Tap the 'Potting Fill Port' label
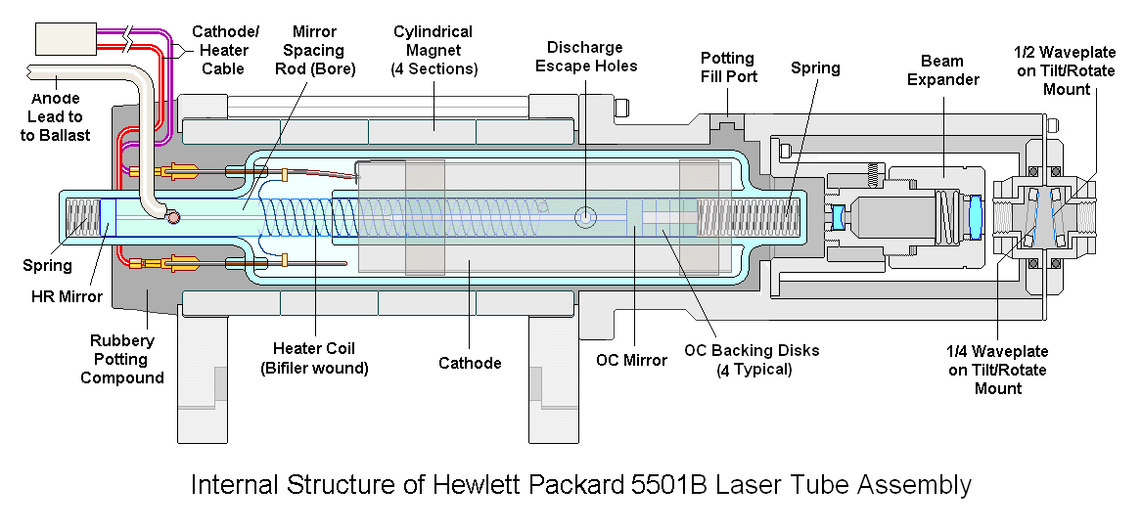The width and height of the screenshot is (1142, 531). [728, 67]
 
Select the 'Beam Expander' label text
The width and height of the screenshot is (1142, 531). [943, 70]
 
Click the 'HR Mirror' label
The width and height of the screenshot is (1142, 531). [66, 296]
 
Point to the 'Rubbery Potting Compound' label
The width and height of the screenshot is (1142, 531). [122, 359]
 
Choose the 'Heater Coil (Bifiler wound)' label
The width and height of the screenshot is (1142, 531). [314, 358]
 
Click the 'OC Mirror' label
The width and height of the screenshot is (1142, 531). [631, 360]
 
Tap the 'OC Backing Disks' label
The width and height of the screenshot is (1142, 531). [752, 359]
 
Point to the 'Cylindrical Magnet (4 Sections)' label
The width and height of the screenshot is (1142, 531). [434, 51]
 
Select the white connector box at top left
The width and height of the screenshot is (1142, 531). [66, 38]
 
